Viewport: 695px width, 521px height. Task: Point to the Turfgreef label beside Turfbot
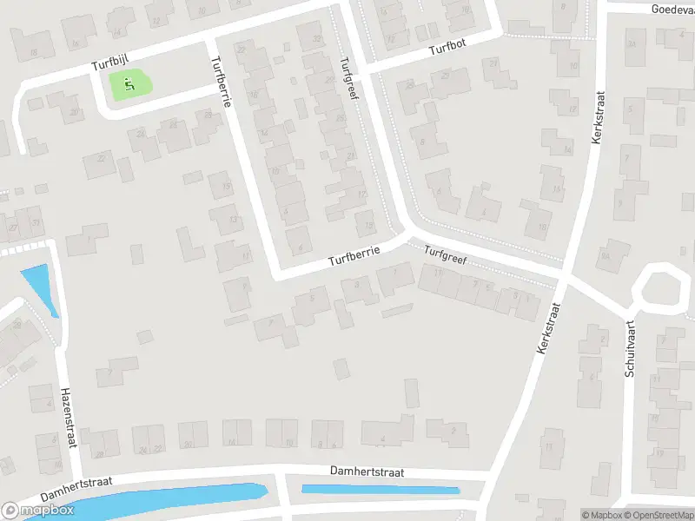(x=349, y=79)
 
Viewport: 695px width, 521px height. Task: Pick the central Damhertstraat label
(x=367, y=471)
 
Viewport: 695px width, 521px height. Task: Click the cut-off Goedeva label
(x=674, y=9)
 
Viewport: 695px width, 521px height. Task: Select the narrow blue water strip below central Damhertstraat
(x=380, y=490)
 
